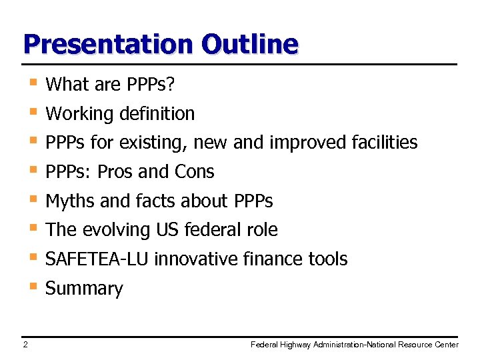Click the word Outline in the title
point(249,44)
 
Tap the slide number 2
point(25,345)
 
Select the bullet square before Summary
point(32,286)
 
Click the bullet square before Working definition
point(32,111)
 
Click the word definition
point(157,114)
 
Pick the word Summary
point(84,289)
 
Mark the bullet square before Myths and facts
point(32,199)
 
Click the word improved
point(299,143)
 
